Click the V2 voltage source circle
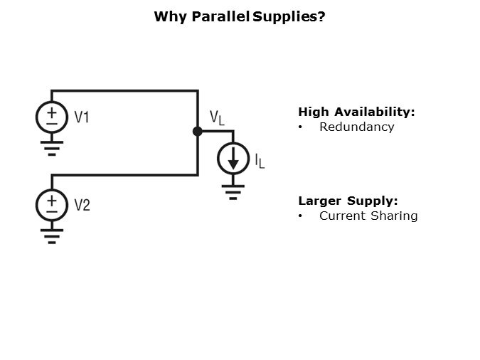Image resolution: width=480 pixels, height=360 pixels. (x=52, y=205)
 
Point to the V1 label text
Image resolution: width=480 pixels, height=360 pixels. (x=82, y=117)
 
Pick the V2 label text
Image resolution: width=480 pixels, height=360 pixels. (x=82, y=205)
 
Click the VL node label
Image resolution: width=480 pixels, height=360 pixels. (x=216, y=117)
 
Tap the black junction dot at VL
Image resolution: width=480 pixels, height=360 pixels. (x=198, y=131)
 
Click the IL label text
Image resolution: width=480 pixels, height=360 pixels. (x=260, y=161)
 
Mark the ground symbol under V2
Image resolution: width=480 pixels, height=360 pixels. (x=52, y=235)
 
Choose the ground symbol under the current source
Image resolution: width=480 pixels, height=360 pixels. (x=233, y=191)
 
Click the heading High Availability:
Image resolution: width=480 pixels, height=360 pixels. (x=356, y=112)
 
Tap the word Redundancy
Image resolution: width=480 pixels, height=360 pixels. (x=356, y=127)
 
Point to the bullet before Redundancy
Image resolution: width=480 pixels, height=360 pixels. (x=301, y=127)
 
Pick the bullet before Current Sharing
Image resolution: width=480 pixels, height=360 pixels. (x=301, y=216)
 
